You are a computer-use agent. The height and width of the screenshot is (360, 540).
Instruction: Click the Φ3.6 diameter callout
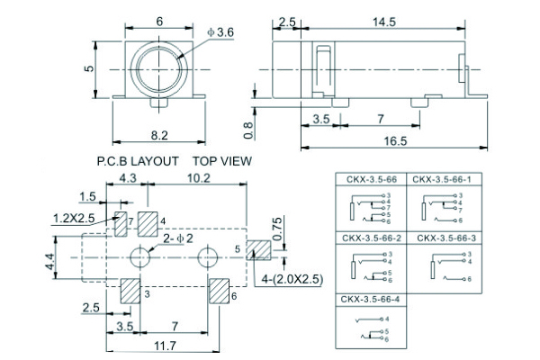point(196,33)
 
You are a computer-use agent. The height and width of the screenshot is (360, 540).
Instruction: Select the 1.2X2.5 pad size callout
point(73,218)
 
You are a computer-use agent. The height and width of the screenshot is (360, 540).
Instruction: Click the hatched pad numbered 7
point(120,225)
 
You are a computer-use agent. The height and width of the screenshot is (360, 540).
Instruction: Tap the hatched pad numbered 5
point(259,250)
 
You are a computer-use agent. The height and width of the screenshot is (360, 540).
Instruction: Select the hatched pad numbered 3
point(130,292)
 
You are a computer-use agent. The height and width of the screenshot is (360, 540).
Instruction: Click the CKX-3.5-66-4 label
point(366,298)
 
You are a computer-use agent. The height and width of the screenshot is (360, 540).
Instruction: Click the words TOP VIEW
point(221,161)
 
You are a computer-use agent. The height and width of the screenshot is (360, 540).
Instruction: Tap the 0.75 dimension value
point(278,225)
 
